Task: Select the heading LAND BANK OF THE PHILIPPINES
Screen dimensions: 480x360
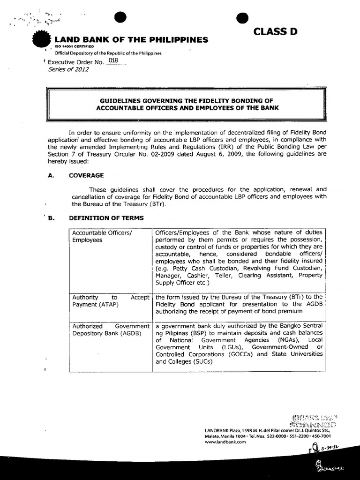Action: coord(132,40)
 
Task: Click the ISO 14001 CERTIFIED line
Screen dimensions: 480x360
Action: coord(75,47)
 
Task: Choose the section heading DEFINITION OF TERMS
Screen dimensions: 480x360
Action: coord(105,218)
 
